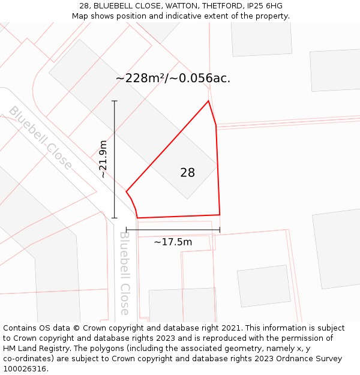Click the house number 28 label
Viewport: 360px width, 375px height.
click(x=187, y=173)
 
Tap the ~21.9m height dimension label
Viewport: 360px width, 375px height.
click(x=103, y=159)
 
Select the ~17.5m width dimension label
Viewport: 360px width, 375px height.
click(x=173, y=242)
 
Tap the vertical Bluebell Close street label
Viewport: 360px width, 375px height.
click(x=124, y=273)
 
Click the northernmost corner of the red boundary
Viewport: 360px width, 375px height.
click(x=208, y=101)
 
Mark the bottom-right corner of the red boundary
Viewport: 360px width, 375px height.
click(x=220, y=214)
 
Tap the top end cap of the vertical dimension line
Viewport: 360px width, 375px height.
click(x=115, y=101)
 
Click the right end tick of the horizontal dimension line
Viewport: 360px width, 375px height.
click(x=220, y=229)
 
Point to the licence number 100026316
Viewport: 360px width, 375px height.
click(x=25, y=368)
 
